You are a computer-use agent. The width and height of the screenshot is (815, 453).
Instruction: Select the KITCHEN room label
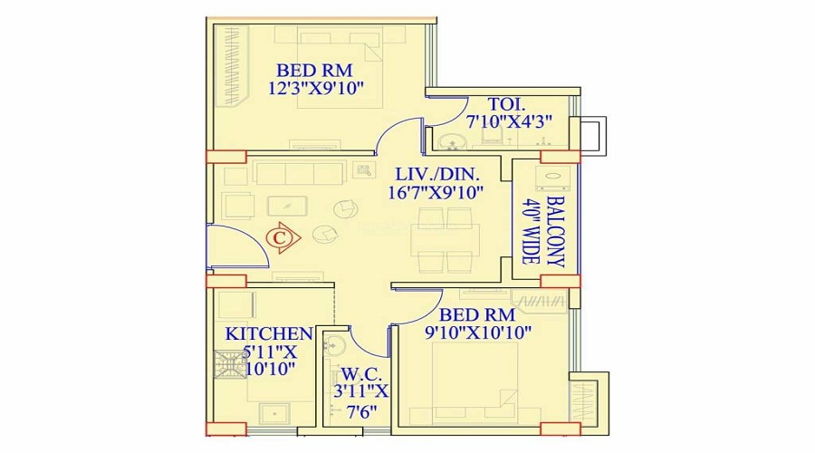pyautogui.click(x=269, y=333)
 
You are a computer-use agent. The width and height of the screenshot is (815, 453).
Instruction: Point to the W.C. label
pyautogui.click(x=360, y=372)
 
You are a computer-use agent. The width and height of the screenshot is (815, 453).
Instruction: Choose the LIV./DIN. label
pyautogui.click(x=438, y=173)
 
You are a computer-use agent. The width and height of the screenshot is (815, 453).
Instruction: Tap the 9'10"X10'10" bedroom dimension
pyautogui.click(x=477, y=332)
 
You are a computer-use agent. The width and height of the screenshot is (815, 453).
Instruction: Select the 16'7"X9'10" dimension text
pyautogui.click(x=438, y=191)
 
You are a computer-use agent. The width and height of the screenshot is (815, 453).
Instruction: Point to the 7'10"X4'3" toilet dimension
pyautogui.click(x=508, y=121)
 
